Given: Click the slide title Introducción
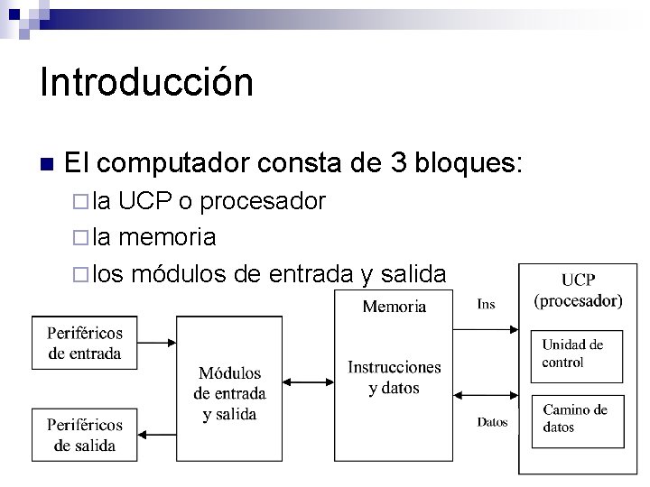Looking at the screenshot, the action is tap(146, 83).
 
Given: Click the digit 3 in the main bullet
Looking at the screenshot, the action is tap(398, 165).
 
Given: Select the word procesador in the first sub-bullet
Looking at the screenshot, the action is tap(263, 201).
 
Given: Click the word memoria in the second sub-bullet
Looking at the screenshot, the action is tap(167, 237).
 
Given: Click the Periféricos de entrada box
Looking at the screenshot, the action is tap(85, 343).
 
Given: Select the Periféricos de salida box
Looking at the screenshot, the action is tap(85, 434).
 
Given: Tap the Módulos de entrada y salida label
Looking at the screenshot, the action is tap(229, 393).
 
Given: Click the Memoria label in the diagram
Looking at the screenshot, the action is tap(394, 307).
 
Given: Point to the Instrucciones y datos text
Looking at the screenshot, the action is tap(395, 378).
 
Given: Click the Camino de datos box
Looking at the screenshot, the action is tap(575, 418).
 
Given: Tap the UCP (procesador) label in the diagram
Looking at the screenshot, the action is tap(578, 290).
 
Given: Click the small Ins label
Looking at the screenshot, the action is tap(486, 304).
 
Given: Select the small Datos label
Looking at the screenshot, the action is tap(492, 422).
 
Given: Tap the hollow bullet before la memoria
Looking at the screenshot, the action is tap(78, 238).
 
